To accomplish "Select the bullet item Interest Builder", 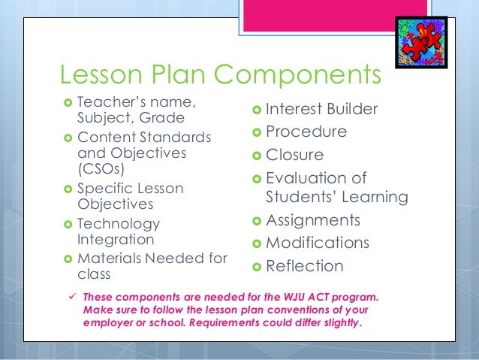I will click(x=322, y=110).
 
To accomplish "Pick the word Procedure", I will click(x=306, y=132).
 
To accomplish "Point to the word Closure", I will click(x=295, y=155).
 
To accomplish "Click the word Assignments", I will click(x=313, y=221).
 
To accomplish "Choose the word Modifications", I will click(x=318, y=244).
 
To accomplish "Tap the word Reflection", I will click(x=305, y=266).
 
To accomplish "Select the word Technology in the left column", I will click(x=119, y=224).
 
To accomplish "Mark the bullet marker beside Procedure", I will click(x=257, y=132).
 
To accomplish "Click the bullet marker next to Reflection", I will click(x=257, y=266).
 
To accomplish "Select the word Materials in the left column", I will click(x=108, y=258).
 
